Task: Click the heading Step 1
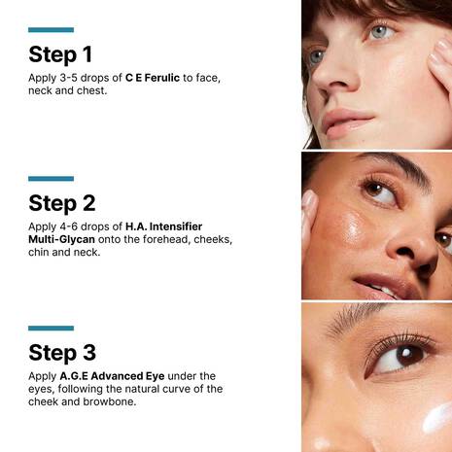click(60, 53)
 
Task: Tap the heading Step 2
click(62, 202)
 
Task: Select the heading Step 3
click(62, 352)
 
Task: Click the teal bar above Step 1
click(51, 30)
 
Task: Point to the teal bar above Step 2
click(51, 179)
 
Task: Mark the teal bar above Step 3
click(51, 329)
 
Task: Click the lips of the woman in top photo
click(348, 122)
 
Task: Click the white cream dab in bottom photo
click(437, 419)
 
